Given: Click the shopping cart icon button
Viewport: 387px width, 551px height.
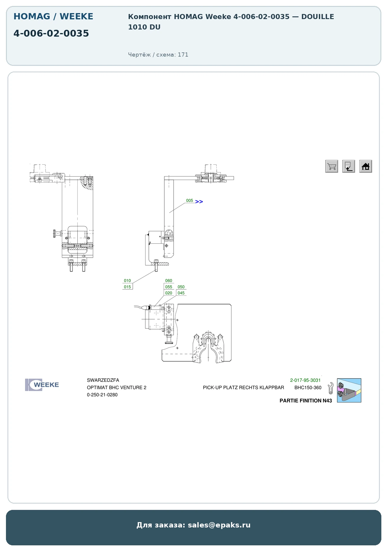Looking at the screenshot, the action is tap(332, 166).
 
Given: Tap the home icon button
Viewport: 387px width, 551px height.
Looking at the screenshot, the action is tap(366, 166).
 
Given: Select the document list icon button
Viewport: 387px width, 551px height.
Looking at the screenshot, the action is tap(349, 166).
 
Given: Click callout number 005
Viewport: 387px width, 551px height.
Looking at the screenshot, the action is tap(190, 200).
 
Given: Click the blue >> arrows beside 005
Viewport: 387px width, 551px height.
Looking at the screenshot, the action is tap(199, 202).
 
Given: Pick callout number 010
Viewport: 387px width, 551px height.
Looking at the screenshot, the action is tap(127, 281).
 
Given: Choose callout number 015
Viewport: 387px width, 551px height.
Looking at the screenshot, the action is tap(127, 287).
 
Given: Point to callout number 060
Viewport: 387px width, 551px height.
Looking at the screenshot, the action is tap(169, 281).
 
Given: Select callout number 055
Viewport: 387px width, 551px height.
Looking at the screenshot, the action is tap(169, 287).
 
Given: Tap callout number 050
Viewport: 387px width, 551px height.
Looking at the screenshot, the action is tap(181, 287).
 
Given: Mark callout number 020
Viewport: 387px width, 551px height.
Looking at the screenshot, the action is tap(169, 293).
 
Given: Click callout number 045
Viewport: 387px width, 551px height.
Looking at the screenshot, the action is tap(181, 293).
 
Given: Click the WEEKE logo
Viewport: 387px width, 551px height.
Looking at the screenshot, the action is tap(42, 385).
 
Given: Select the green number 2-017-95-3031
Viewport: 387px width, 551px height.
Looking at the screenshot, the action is tap(305, 380).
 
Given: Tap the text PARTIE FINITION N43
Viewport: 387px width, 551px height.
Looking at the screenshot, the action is tap(306, 401).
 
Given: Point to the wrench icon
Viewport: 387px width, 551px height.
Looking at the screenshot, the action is tap(330, 388).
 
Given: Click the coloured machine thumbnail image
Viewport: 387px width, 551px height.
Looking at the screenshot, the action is tap(349, 390).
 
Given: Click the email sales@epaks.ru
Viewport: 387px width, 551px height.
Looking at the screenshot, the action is tap(219, 525).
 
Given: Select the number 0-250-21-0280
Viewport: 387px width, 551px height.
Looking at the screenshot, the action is tap(102, 395).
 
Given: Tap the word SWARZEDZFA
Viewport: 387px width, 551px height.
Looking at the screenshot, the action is tap(103, 380).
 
